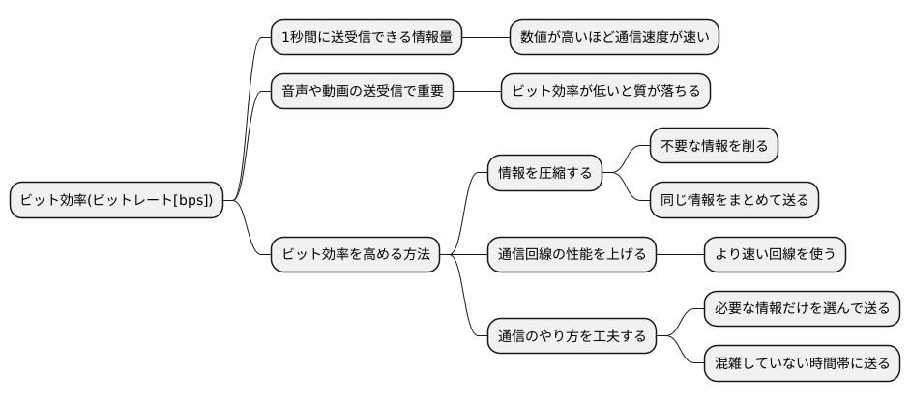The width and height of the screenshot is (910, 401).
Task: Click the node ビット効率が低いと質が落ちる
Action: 606,91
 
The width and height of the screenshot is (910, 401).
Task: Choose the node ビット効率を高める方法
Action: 354,254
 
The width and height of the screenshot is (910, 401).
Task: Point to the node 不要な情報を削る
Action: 714,146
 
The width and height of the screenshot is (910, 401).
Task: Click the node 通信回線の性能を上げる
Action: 571,254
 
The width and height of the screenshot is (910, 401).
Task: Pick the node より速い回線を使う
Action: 776,254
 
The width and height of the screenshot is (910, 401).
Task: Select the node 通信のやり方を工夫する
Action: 571,336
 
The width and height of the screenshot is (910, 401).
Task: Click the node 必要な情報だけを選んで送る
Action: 802,309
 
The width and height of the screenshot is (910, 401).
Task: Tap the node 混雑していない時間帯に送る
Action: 802,363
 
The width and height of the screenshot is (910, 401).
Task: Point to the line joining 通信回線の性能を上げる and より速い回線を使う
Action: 680,254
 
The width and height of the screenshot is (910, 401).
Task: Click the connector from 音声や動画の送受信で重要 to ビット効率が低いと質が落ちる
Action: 477,91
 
